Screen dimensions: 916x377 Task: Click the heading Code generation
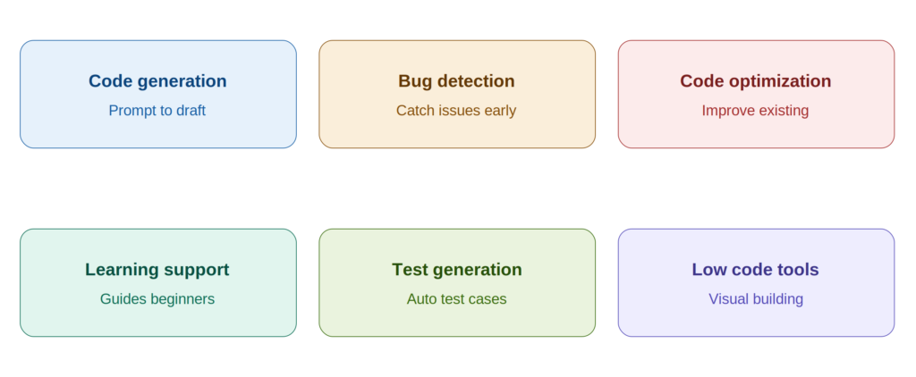pyautogui.click(x=157, y=81)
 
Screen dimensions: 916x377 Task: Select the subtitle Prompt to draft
pyautogui.click(x=157, y=110)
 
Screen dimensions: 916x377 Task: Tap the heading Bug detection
pyautogui.click(x=456, y=81)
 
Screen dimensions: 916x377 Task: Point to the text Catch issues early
pyautogui.click(x=456, y=110)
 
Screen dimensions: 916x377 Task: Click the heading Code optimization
pyautogui.click(x=755, y=81)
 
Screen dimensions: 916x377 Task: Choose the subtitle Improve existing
pyautogui.click(x=755, y=110)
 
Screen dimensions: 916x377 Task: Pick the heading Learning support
pyautogui.click(x=157, y=270)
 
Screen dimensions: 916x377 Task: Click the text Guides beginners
pyautogui.click(x=157, y=298)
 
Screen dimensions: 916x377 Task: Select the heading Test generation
pyautogui.click(x=457, y=270)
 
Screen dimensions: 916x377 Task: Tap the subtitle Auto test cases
pyautogui.click(x=457, y=298)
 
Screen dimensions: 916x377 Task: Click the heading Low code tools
pyautogui.click(x=755, y=270)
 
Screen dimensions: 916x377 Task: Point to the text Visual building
pyautogui.click(x=756, y=298)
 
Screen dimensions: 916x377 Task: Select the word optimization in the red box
pyautogui.click(x=780, y=81)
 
